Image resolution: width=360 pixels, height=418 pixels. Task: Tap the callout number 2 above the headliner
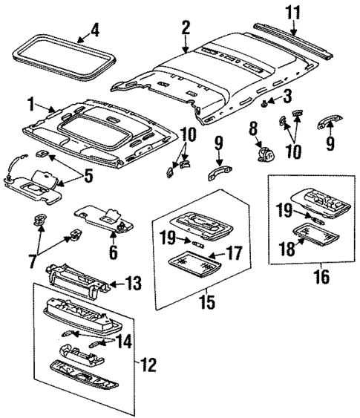[x=186, y=27]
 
